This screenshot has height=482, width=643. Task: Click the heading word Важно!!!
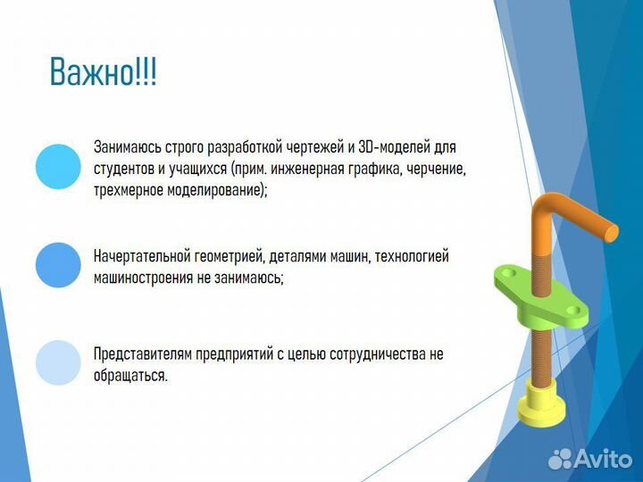pyautogui.click(x=103, y=72)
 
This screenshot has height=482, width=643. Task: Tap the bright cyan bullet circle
pyautogui.click(x=58, y=167)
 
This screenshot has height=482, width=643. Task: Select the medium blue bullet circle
pyautogui.click(x=58, y=265)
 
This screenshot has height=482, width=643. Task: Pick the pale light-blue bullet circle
pyautogui.click(x=58, y=362)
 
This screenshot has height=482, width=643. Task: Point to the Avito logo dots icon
pyautogui.click(x=560, y=458)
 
